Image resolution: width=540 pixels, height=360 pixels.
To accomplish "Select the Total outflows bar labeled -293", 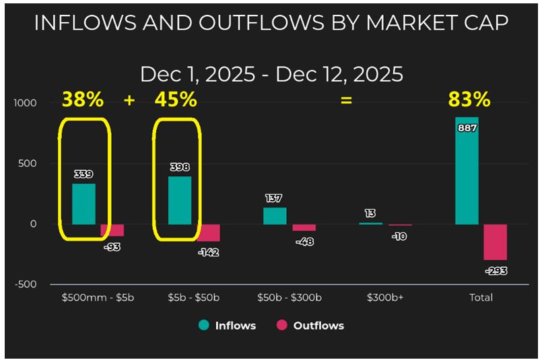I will [495, 242].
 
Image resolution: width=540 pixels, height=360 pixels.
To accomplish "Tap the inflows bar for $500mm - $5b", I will [83, 204].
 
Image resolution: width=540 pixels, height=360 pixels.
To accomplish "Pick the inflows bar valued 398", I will [179, 200].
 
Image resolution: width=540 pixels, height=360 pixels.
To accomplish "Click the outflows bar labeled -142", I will [208, 233].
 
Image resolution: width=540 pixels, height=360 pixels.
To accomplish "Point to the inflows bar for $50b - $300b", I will [275, 216].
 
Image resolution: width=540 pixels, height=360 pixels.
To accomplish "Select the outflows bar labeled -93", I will [112, 230].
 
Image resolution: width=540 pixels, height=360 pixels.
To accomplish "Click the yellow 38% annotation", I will [83, 100].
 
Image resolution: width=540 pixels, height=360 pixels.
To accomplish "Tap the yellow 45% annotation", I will [176, 100].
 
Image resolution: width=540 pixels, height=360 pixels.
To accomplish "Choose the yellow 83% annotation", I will [469, 100].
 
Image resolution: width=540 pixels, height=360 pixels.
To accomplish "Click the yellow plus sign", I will [129, 100].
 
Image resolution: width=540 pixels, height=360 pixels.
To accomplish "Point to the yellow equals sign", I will [346, 101].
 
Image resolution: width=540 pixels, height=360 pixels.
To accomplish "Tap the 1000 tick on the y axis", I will [24, 103].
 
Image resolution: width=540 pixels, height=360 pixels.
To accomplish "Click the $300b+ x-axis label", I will [380, 297].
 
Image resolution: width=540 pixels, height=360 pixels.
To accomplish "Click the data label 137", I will [274, 199].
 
